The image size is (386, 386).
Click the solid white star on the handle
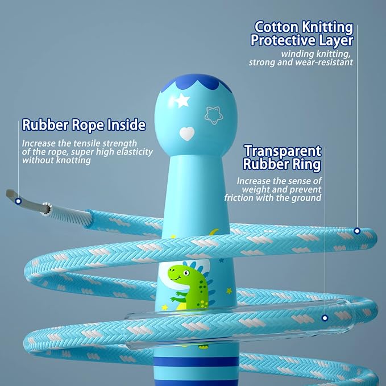182,101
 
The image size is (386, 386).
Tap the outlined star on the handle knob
213,115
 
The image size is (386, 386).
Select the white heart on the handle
187,134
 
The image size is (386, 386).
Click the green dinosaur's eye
186,273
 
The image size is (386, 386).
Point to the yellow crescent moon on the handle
214,232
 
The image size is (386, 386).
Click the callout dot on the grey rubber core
18,201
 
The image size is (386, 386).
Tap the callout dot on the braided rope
357,231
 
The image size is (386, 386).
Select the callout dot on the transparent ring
325,318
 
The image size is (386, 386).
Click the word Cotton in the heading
276,27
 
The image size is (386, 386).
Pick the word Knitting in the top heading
327,27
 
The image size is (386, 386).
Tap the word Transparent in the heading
283,151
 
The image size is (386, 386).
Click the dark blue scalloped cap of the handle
196,82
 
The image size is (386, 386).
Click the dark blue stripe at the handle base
196,362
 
